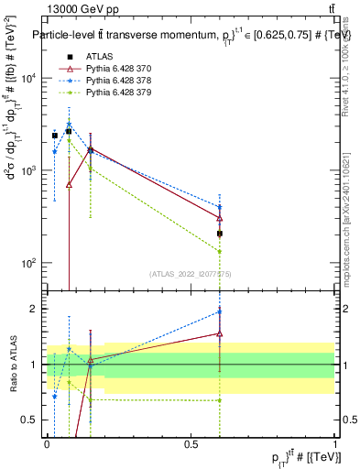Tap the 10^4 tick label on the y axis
(x=29, y=79)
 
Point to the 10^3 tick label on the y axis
(x=29, y=171)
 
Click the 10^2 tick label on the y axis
(x=29, y=264)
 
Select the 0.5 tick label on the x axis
(x=191, y=443)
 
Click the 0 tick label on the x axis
(x=47, y=443)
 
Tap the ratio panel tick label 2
(x=35, y=309)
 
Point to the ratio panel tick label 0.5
(x=31, y=420)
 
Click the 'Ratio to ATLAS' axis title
(x=13, y=364)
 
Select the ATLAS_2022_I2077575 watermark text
(x=191, y=274)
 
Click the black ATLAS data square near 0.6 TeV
(x=220, y=234)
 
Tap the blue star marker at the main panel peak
(x=69, y=124)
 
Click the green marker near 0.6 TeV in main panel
(x=220, y=251)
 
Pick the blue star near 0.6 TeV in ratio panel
(x=220, y=311)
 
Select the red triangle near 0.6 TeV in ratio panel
(x=220, y=333)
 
